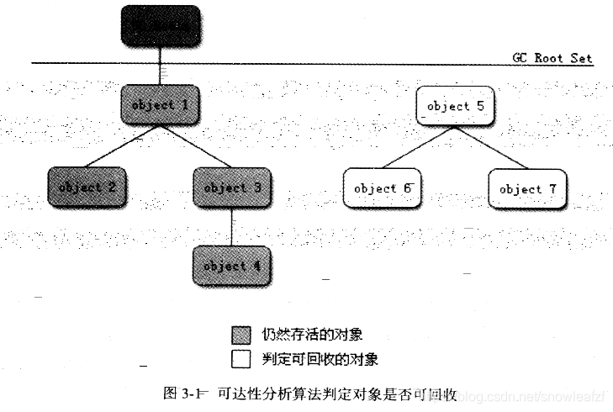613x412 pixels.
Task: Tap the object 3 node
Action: [x=232, y=187]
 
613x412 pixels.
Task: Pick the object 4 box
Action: [x=232, y=266]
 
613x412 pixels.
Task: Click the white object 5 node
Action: [x=455, y=106]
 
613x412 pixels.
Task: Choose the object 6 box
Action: [x=382, y=188]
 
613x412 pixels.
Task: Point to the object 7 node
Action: [x=527, y=188]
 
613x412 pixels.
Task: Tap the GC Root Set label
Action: [x=552, y=59]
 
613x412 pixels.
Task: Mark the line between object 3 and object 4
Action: [x=232, y=226]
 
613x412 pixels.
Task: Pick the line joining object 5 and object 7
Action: [x=491, y=147]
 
